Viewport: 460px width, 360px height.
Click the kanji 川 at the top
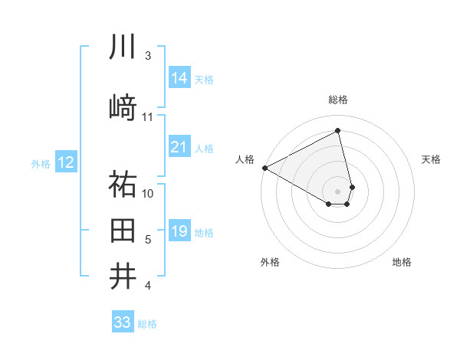(123, 47)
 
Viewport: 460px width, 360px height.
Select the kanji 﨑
(123, 107)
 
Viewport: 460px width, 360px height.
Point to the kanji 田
(123, 230)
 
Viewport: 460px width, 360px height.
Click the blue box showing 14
(179, 77)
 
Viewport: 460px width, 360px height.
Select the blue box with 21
(179, 147)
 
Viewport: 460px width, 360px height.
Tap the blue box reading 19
(179, 231)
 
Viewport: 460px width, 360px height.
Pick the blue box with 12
(65, 162)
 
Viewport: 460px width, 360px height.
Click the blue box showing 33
(123, 322)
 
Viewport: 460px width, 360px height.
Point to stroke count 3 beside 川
(148, 56)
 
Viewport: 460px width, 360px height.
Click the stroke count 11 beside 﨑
(148, 117)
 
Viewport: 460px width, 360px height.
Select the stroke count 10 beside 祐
(148, 193)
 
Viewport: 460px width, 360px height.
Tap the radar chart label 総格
(338, 100)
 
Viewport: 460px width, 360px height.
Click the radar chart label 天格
(431, 159)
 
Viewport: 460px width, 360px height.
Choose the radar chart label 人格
(245, 159)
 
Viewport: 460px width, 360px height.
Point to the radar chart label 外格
(270, 262)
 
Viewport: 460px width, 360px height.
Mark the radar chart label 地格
(402, 262)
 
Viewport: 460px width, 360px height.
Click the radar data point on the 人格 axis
(264, 168)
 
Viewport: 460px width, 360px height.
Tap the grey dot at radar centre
(338, 191)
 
